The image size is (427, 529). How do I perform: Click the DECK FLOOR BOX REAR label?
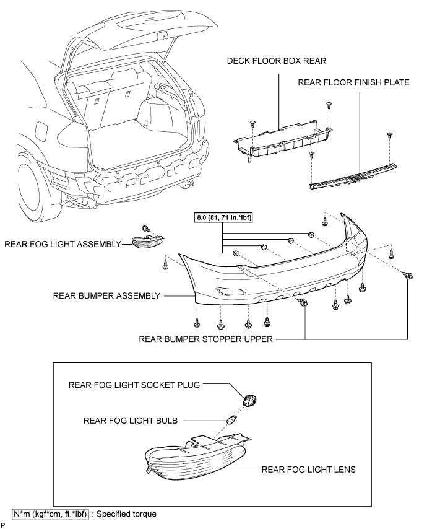277,61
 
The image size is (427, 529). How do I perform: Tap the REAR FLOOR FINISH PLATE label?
353,82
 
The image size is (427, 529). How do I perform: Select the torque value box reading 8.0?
223,217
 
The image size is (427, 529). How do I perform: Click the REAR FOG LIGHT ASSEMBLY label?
63,244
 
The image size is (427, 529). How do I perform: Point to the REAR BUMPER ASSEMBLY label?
106,296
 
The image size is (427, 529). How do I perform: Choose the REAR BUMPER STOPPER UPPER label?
205,339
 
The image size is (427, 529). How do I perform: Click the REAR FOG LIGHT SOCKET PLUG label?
134,385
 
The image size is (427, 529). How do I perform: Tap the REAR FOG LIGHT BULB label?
131,421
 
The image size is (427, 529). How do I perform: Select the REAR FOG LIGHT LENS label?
308,470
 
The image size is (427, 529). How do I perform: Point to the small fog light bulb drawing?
231,421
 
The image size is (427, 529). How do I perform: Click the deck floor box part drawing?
282,142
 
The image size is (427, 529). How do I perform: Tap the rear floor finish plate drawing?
353,176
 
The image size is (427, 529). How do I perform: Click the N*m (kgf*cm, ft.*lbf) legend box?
51,514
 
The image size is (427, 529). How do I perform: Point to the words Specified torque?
127,514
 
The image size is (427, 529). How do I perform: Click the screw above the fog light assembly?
146,229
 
